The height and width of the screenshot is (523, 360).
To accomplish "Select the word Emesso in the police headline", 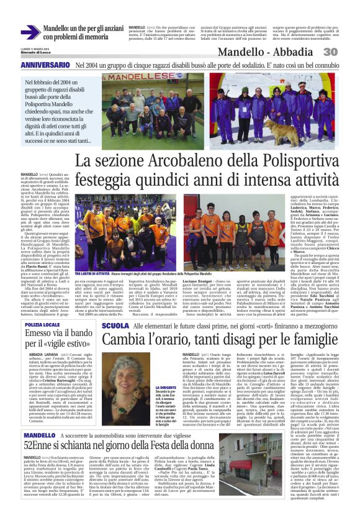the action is pyautogui.click(x=42, y=336).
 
